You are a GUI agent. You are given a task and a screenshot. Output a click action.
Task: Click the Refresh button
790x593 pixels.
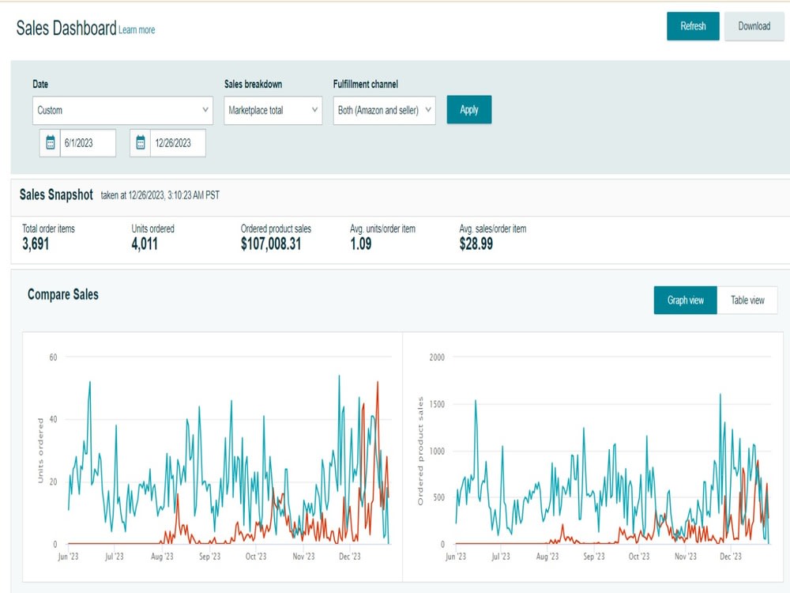point(693,26)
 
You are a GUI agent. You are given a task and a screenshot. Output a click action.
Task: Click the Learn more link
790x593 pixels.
point(137,30)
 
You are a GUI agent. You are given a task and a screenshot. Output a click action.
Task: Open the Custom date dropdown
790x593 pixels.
point(122,110)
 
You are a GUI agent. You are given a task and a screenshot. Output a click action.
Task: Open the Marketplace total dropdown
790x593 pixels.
point(273,110)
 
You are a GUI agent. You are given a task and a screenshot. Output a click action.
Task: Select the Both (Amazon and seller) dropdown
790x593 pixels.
point(385,110)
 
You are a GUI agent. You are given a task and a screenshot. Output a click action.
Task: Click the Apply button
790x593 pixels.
point(469,110)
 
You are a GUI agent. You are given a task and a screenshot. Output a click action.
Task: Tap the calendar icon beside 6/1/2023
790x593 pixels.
point(51,143)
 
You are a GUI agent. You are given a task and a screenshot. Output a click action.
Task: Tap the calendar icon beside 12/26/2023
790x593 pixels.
point(141,143)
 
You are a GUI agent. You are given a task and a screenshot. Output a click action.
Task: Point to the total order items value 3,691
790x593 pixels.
point(36,244)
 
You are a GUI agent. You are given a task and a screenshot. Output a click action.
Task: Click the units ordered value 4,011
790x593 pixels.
point(145,244)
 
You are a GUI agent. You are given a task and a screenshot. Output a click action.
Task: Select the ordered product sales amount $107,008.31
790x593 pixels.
point(271,244)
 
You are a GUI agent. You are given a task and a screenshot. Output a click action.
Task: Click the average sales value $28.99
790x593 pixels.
point(476,244)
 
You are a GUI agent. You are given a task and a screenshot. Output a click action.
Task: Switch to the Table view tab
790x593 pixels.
point(747,300)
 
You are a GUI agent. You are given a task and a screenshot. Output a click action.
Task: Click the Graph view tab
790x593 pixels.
point(685,300)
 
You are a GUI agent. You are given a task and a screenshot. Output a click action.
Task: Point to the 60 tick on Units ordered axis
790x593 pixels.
point(53,357)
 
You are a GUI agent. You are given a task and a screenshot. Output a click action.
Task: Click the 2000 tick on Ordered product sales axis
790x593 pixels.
point(437,357)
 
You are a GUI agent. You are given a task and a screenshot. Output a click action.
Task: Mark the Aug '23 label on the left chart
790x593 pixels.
point(162,557)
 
